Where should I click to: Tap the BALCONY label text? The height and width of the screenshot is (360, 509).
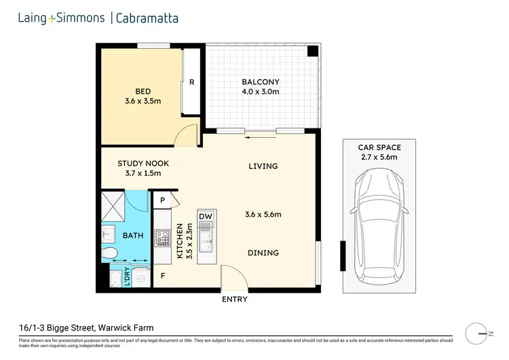(x=260, y=82)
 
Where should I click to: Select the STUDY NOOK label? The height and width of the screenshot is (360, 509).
(x=143, y=164)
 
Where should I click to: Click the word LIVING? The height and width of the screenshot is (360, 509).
(x=263, y=166)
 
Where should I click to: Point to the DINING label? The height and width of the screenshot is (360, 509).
(x=263, y=253)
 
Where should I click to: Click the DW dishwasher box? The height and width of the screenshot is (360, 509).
(x=206, y=217)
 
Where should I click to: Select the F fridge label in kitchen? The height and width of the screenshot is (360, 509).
(x=162, y=276)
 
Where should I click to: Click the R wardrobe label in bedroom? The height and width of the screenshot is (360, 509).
(x=192, y=82)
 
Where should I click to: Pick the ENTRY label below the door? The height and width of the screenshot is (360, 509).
(x=234, y=300)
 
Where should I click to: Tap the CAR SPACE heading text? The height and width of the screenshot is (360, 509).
(x=379, y=147)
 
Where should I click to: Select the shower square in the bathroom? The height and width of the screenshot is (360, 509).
(x=114, y=205)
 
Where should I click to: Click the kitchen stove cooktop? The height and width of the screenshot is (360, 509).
(x=162, y=238)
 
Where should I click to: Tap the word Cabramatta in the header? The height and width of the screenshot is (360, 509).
(x=147, y=18)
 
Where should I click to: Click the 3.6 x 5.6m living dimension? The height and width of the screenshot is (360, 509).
(x=263, y=215)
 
